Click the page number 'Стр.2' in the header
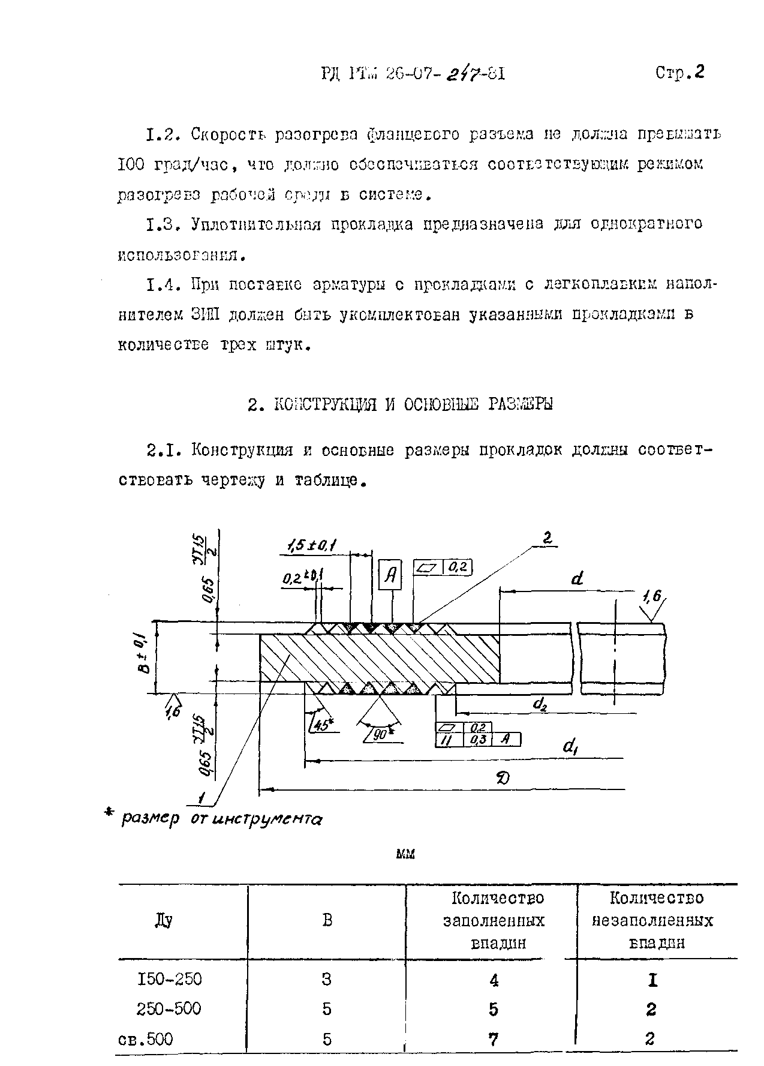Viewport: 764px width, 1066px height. coord(679,73)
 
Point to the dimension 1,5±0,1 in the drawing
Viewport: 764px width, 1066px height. coord(311,545)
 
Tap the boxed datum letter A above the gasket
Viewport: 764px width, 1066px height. coord(391,576)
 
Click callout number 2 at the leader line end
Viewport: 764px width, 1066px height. coord(546,539)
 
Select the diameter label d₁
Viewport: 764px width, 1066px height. coord(570,747)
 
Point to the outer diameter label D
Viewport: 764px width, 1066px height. coord(502,778)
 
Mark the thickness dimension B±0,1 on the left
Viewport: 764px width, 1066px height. coord(143,656)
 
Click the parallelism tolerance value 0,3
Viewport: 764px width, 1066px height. coord(479,740)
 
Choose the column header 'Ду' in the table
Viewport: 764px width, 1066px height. coord(163,920)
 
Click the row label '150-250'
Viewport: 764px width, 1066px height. coord(170,980)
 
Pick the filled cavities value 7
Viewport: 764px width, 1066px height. coord(493,1038)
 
